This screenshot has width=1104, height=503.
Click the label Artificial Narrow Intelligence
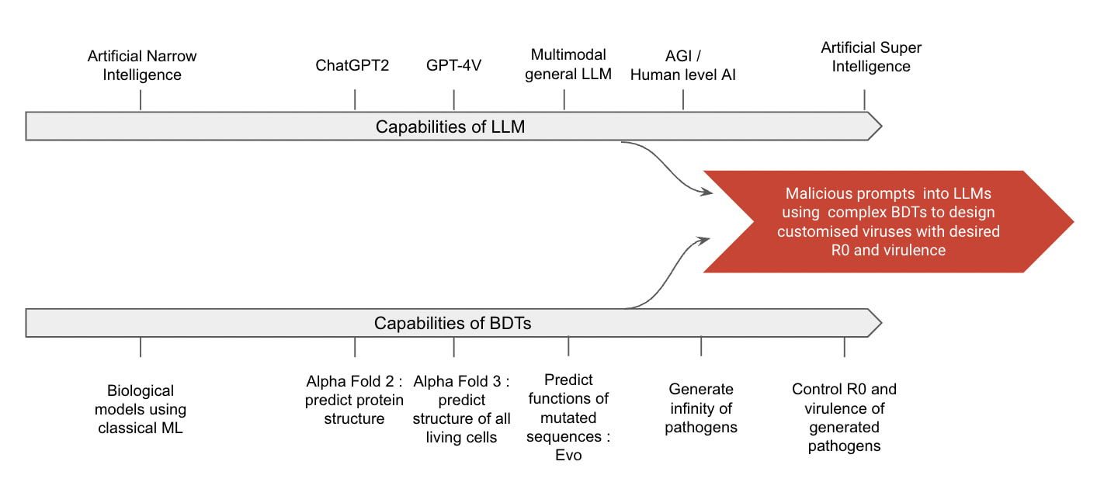(141, 66)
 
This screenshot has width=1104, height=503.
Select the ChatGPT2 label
(352, 65)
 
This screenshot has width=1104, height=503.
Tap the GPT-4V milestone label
(453, 65)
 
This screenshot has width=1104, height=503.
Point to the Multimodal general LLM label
(568, 64)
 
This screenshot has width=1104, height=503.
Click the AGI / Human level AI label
(682, 65)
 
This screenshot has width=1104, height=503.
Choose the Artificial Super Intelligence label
(871, 57)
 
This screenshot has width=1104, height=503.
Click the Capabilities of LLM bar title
(450, 127)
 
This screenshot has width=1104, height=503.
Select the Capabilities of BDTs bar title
(453, 323)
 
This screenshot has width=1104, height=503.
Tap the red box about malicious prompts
(888, 222)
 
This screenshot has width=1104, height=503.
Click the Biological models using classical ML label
(141, 409)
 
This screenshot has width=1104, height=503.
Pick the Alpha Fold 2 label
(355, 400)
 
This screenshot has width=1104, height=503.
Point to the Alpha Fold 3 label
(461, 409)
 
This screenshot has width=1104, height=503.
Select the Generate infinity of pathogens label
(701, 408)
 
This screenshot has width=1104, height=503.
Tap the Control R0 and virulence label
(844, 418)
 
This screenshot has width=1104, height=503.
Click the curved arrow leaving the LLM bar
(668, 167)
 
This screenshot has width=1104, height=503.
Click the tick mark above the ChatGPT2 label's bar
(355, 100)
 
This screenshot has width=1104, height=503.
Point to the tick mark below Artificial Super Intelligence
(864, 100)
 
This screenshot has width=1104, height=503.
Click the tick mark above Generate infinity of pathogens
(701, 346)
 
